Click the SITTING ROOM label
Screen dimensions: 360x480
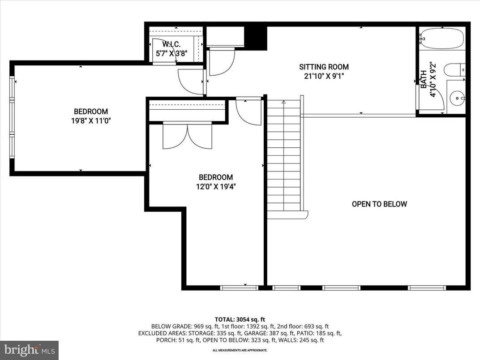click(324, 67)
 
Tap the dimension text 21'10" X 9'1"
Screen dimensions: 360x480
click(324, 76)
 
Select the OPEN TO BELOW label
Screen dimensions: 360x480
click(379, 204)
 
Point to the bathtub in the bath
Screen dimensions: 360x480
click(442, 39)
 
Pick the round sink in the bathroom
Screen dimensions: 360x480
click(457, 97)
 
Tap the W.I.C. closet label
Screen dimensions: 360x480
click(171, 45)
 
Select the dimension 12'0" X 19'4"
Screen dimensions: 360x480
click(216, 187)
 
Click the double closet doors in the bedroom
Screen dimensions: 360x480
click(188, 135)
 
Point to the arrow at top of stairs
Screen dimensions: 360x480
click(283, 103)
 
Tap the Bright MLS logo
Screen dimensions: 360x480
click(30, 350)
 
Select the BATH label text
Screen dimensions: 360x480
click(423, 79)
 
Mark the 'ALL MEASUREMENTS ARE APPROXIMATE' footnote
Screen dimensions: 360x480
click(240, 350)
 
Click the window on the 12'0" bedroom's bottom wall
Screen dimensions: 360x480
click(239, 287)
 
